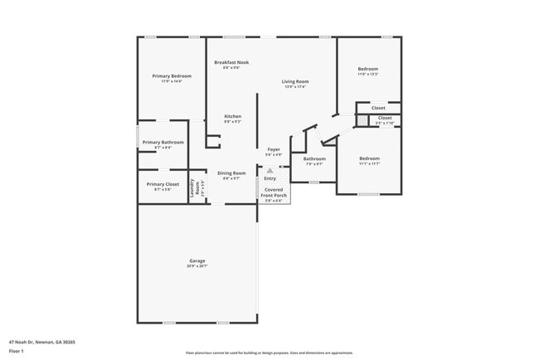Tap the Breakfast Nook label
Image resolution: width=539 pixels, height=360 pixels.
coord(231,62)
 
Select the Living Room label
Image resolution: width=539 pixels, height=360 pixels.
coord(294,81)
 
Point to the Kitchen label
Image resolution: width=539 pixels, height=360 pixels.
coord(232,116)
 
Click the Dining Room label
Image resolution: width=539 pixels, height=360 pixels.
coord(231,173)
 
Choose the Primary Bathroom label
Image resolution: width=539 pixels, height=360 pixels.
coord(163,142)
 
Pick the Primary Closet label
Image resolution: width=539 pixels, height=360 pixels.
coord(163,184)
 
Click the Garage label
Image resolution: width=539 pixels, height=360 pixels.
coord(197,260)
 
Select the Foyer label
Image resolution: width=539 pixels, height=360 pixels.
coord(273,149)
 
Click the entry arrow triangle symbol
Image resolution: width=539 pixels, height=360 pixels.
coord(269,170)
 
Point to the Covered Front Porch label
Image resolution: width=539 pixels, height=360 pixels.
coord(273,192)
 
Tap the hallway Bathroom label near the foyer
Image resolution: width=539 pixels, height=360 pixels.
coord(314,158)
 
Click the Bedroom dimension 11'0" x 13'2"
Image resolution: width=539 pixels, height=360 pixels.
coord(368,75)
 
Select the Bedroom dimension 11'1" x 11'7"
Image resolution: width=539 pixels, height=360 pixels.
coord(369,163)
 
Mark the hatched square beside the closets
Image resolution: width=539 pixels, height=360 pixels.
coord(362,120)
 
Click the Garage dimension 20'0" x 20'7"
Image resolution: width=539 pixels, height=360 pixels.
coord(197,265)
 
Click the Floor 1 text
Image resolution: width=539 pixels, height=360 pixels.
coord(17,351)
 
